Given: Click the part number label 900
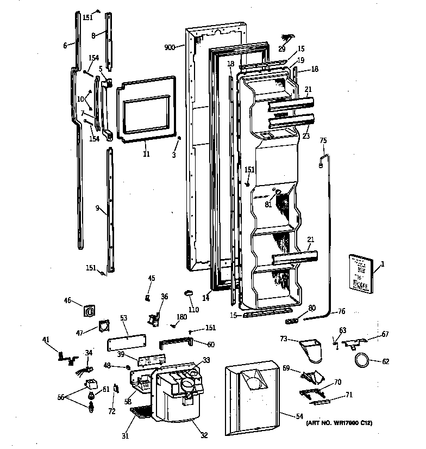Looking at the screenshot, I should click(170, 47).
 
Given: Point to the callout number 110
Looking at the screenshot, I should click(193, 310).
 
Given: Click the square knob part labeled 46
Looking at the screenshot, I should click(89, 311).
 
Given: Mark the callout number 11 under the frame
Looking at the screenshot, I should click(146, 155).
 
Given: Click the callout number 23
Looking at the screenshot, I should click(306, 136).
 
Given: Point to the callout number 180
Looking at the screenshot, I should click(181, 318).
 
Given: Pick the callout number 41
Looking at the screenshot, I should click(46, 340).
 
